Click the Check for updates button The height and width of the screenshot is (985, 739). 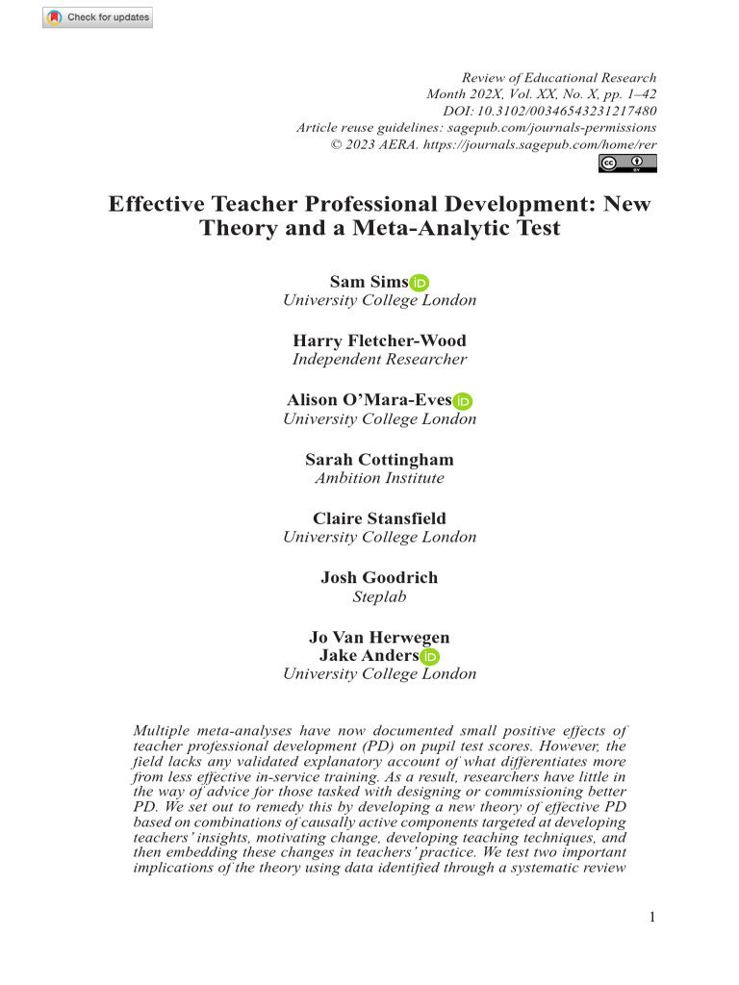(97, 17)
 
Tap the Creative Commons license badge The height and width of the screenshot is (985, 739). (627, 164)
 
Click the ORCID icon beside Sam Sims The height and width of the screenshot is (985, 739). (420, 283)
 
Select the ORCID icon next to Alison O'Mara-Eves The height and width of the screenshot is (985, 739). (463, 401)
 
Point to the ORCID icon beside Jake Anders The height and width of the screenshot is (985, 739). (430, 657)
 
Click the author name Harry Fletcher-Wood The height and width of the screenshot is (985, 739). (379, 341)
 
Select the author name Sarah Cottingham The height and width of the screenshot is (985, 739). (379, 459)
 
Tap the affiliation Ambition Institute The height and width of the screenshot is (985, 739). (379, 478)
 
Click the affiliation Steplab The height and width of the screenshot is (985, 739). (379, 596)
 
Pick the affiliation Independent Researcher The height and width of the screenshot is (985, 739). (379, 360)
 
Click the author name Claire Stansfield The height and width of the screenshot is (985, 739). (379, 518)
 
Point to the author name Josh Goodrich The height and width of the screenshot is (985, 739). (379, 577)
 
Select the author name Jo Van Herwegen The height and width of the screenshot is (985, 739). (379, 637)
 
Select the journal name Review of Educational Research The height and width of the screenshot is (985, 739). (559, 78)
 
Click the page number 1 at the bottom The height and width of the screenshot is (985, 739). (652, 917)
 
